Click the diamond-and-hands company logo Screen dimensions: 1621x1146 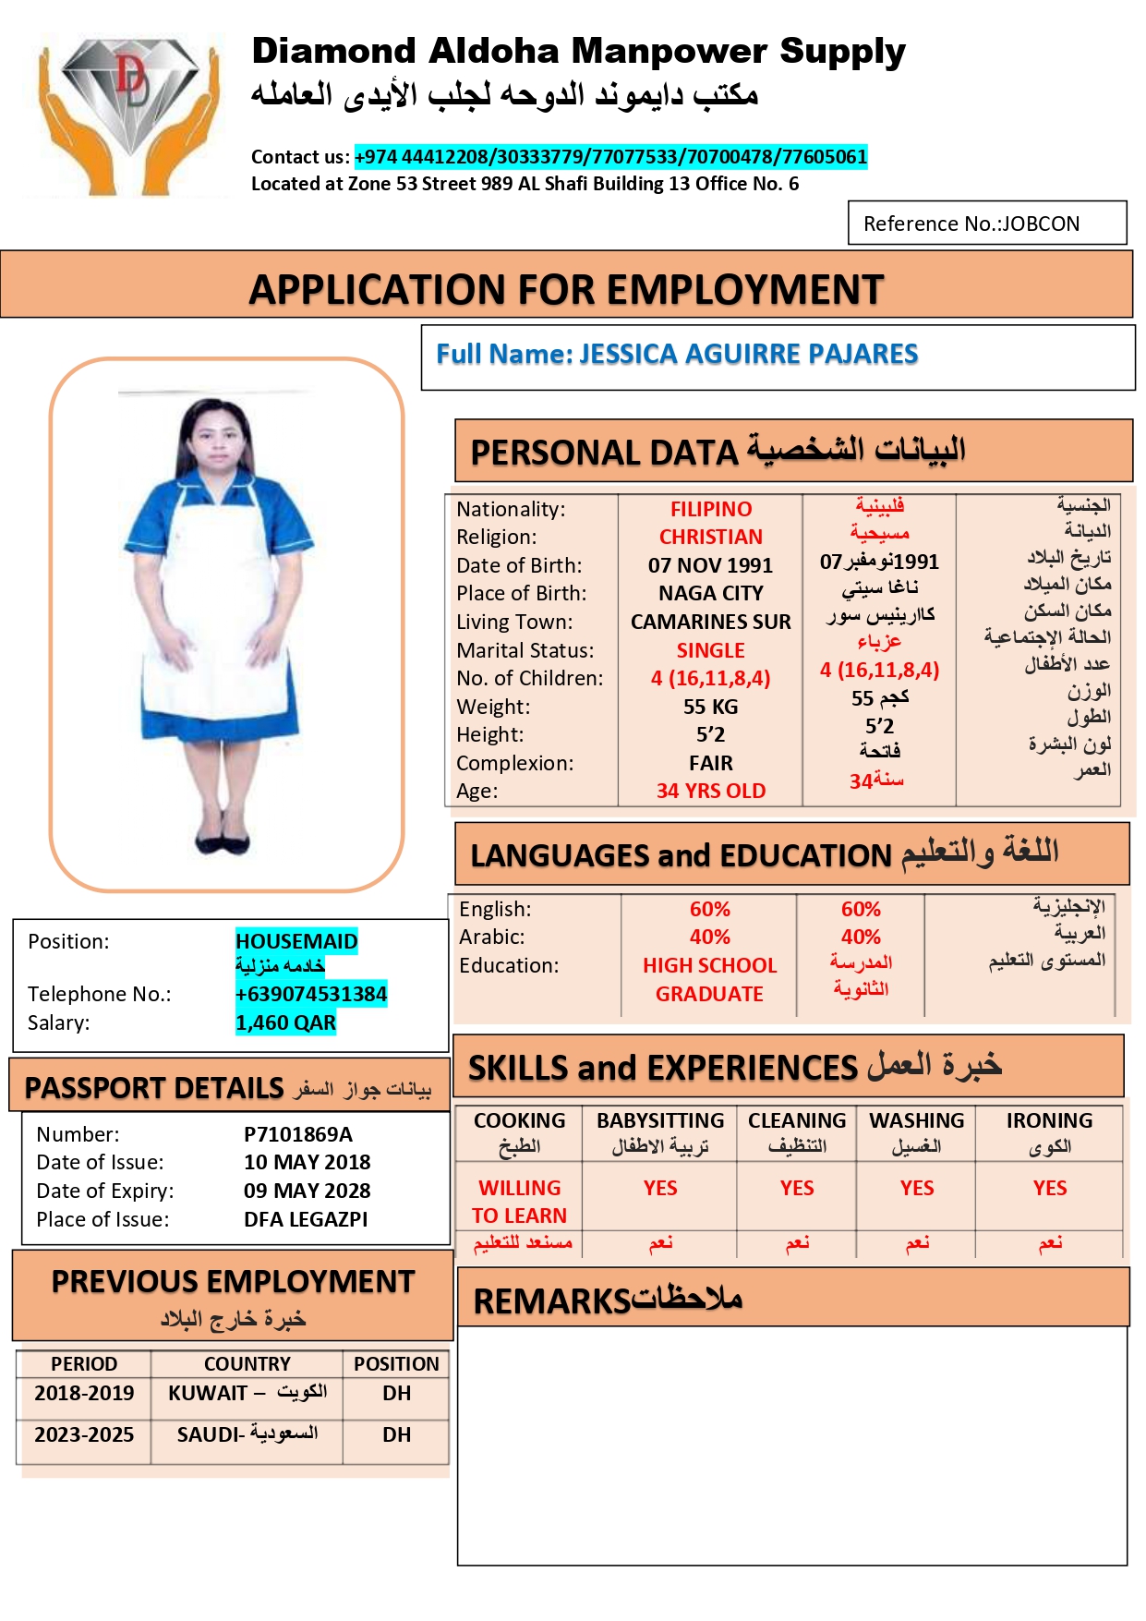pos(129,113)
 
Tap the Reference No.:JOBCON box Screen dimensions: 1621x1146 pos(986,224)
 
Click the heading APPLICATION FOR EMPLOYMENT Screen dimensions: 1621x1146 pos(566,289)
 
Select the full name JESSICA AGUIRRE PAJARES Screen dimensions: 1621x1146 pos(748,354)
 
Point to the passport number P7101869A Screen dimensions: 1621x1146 pos(298,1134)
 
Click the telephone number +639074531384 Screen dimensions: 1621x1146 pos(311,994)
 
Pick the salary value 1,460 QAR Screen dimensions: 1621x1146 pos(285,1022)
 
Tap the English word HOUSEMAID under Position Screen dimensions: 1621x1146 pos(296,941)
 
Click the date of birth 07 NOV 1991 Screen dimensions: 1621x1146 pos(710,565)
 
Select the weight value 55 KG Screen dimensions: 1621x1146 pos(710,707)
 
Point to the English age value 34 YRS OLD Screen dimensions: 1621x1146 pos(710,791)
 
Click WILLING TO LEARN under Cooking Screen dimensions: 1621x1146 pos(519,1201)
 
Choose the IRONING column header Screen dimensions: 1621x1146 pos(1049,1120)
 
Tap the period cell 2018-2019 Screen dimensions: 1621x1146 pos(84,1393)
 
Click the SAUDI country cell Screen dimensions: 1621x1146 pos(247,1434)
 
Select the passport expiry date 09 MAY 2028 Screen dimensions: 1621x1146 pos(307,1191)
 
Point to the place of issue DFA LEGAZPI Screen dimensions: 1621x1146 pos(306,1219)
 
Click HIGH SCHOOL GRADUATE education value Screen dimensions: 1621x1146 pos(709,979)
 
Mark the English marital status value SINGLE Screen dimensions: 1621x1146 pos(710,650)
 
